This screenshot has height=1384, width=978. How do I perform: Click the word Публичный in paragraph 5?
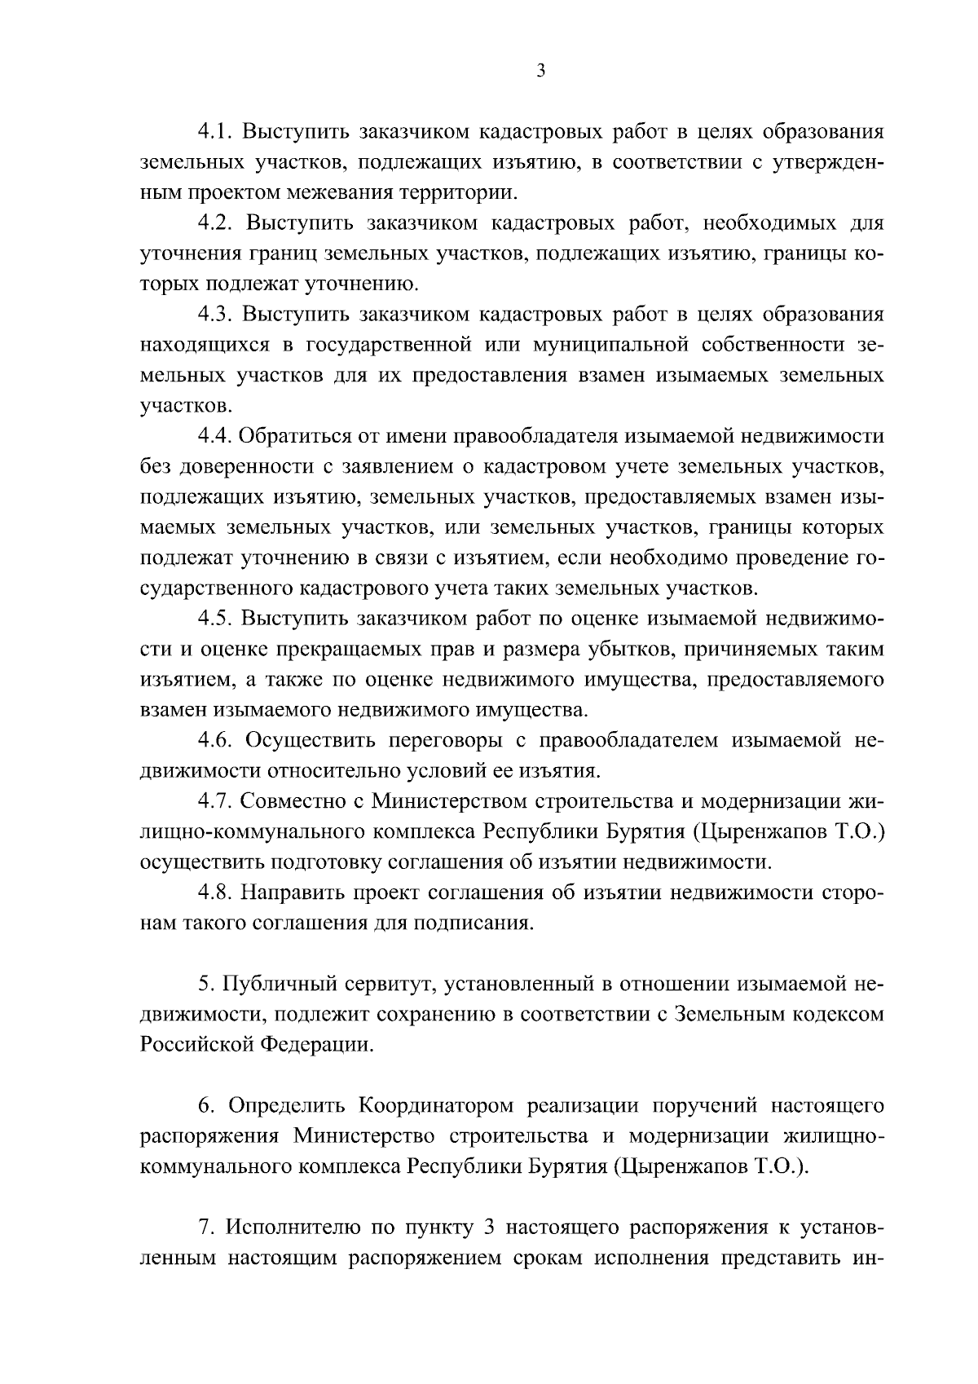[276, 984]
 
